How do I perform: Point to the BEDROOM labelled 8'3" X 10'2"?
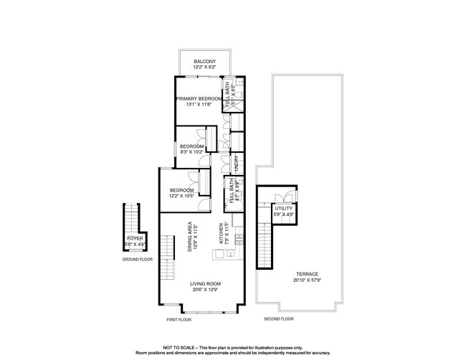coord(191,146)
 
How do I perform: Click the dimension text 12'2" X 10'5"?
coord(182,196)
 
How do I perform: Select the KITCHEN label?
coord(222,235)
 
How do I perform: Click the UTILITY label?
coord(283,208)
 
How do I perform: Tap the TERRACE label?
coord(306,274)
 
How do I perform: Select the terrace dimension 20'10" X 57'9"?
coord(306,280)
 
